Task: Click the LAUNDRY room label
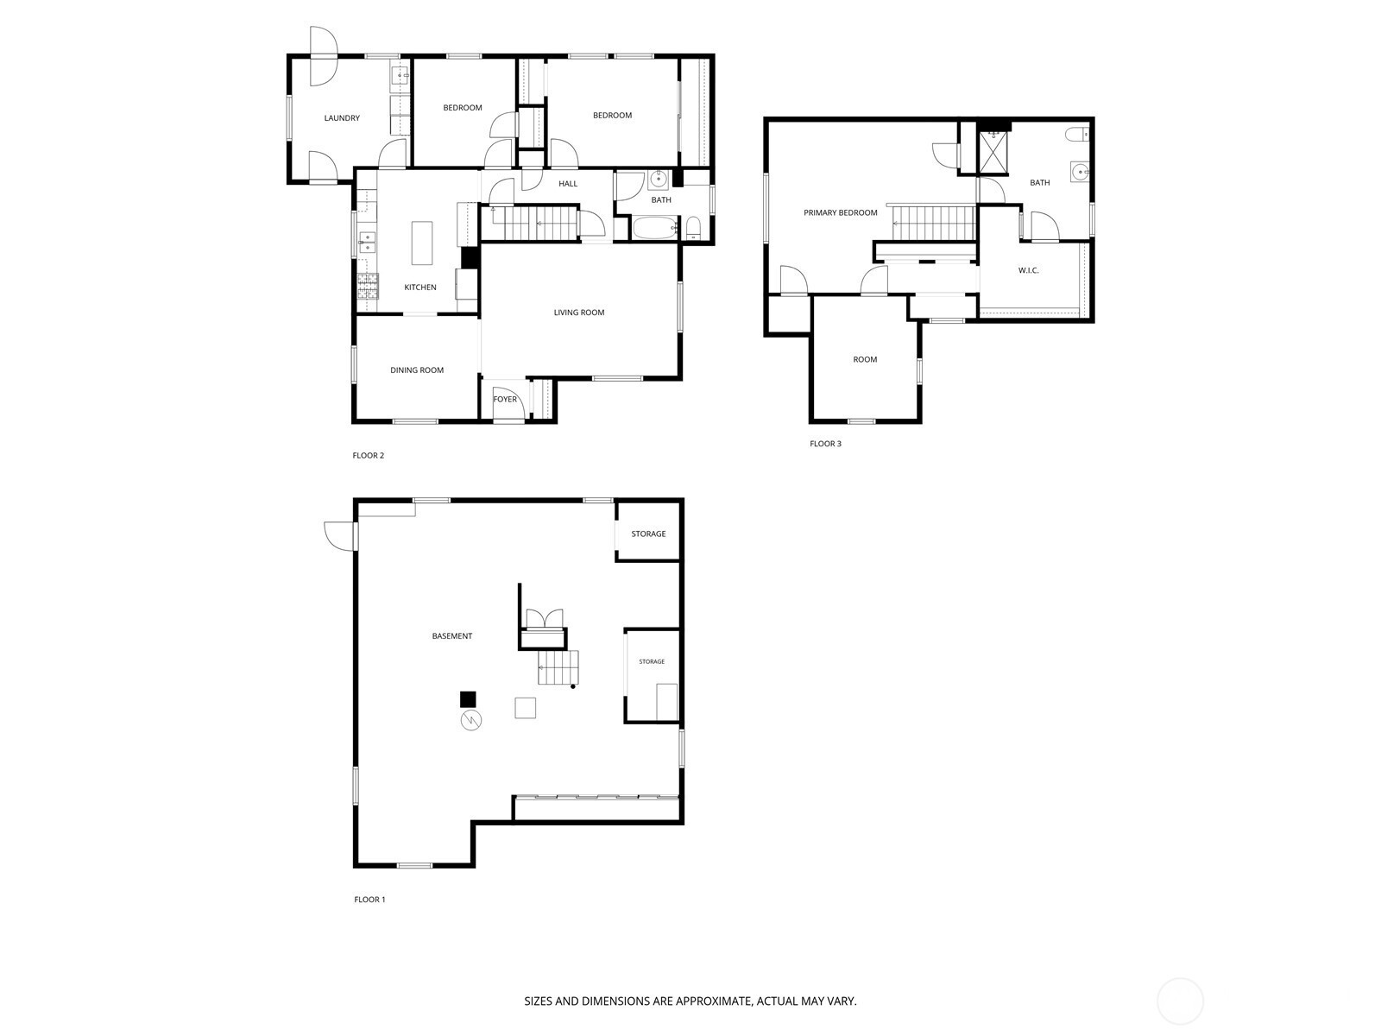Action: tap(342, 118)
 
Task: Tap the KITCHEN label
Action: tap(419, 287)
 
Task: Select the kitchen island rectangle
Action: tap(422, 243)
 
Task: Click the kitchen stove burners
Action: tap(368, 287)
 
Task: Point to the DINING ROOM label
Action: tap(417, 370)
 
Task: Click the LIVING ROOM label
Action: tap(579, 313)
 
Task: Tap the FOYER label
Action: tap(505, 400)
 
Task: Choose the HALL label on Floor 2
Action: tap(567, 184)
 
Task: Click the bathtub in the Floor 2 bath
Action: tap(655, 227)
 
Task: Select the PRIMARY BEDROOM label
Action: tap(840, 212)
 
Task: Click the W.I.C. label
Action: tap(1028, 270)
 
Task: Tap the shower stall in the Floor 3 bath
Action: tap(993, 152)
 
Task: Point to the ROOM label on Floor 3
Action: tap(865, 360)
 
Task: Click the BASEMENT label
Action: tap(451, 636)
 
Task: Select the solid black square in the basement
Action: tap(468, 699)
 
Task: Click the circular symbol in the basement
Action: tap(470, 720)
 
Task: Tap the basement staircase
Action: tap(558, 667)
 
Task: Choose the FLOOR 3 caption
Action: tap(825, 444)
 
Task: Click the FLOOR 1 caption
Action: tap(369, 900)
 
